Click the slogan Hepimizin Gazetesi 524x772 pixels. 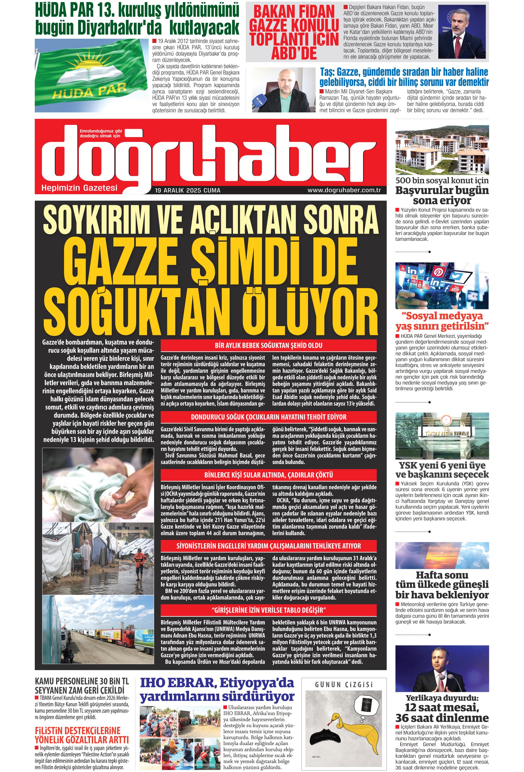click(79, 188)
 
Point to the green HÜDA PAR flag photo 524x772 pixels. click(91, 75)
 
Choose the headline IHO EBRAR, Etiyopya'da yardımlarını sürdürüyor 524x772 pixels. click(217, 689)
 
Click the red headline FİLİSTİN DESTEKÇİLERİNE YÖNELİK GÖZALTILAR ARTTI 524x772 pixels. click(81, 735)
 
